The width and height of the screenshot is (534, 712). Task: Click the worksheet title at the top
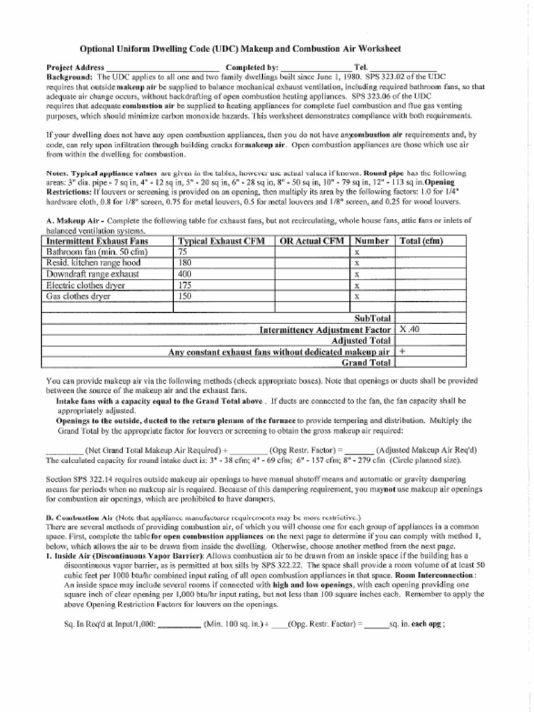tap(240, 49)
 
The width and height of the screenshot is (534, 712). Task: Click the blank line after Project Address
tap(163, 68)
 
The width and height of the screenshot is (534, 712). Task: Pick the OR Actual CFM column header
tap(312, 241)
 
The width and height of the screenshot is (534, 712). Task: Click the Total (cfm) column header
tap(421, 241)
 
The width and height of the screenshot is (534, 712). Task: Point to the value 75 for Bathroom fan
tap(183, 252)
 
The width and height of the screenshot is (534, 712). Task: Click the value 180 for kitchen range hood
tap(185, 264)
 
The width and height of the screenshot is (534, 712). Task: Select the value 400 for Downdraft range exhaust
tap(185, 274)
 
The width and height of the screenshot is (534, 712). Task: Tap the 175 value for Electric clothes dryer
tap(185, 285)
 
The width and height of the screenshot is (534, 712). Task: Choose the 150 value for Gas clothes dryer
tap(185, 296)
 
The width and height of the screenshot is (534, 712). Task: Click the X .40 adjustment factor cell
tap(410, 330)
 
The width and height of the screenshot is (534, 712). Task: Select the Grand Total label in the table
tap(366, 363)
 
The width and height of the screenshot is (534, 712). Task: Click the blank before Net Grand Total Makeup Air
tap(65, 449)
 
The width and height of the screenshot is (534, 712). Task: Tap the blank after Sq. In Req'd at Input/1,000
tap(179, 624)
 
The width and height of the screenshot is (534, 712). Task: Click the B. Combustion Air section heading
tap(79, 518)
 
